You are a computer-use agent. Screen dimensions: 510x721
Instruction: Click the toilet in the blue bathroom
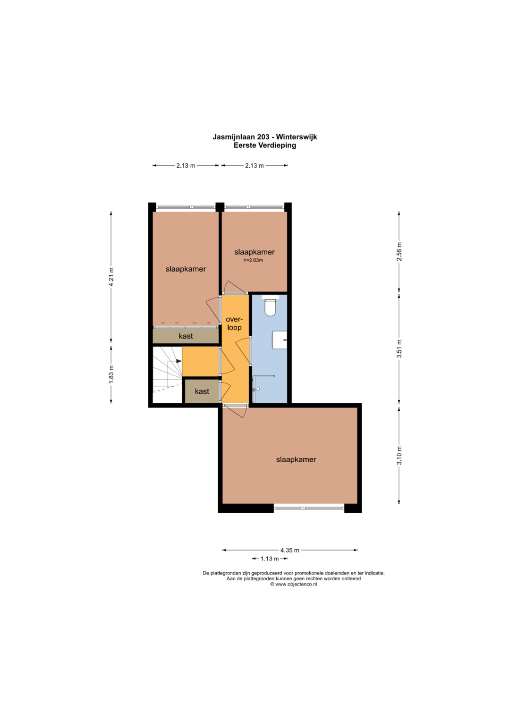[x=270, y=306]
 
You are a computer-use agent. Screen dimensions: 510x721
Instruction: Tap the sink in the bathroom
[x=280, y=339]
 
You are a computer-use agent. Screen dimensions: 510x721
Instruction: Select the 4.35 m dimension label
[x=290, y=550]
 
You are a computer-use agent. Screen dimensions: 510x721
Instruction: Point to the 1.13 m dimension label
[x=270, y=559]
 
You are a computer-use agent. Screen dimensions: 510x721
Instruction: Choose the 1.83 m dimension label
[x=111, y=374]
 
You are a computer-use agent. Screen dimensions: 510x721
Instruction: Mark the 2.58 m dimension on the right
[x=399, y=251]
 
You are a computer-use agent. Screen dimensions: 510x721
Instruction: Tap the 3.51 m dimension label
[x=399, y=348]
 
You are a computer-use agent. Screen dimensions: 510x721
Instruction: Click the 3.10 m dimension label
[x=399, y=456]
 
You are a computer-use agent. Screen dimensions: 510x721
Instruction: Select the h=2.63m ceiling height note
[x=253, y=260]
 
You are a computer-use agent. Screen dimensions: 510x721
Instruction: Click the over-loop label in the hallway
[x=234, y=323]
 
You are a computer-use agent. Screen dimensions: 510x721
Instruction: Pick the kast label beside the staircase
[x=202, y=391]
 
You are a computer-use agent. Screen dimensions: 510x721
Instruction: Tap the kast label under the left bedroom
[x=186, y=336]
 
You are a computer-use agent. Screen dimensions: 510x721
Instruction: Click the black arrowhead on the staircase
[x=178, y=361]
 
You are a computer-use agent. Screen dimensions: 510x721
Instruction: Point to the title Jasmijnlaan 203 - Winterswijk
[x=264, y=137]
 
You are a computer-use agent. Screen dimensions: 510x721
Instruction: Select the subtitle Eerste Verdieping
[x=264, y=145]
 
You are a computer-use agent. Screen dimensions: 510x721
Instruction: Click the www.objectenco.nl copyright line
[x=293, y=584]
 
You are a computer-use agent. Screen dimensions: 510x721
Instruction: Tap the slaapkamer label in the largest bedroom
[x=296, y=459]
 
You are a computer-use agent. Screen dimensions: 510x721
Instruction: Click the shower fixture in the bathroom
[x=256, y=389]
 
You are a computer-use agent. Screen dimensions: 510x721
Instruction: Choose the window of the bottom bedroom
[x=309, y=508]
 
